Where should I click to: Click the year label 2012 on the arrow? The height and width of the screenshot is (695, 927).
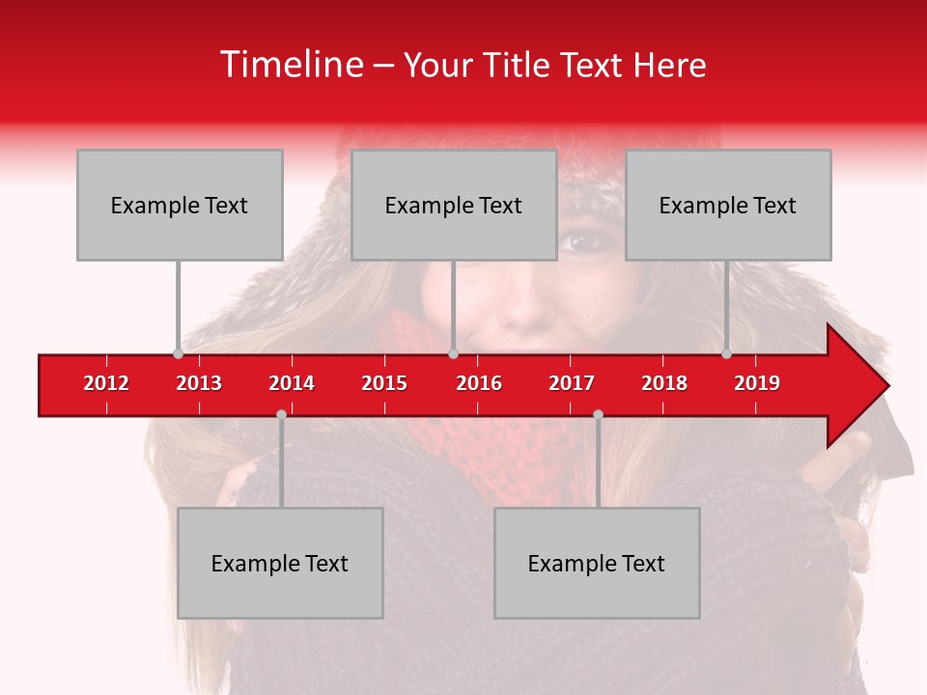(106, 383)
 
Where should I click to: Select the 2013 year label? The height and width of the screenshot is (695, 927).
(199, 383)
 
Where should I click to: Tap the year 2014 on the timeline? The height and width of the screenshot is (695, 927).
(292, 383)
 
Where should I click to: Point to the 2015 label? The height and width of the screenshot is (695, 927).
(384, 383)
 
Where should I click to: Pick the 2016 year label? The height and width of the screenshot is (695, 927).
(479, 383)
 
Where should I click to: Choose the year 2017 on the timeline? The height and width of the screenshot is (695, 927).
(572, 383)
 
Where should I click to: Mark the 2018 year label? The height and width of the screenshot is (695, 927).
(664, 383)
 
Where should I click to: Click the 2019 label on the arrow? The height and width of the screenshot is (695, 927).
(757, 383)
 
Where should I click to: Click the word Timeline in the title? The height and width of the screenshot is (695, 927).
(290, 65)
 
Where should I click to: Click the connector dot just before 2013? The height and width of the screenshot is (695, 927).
(178, 353)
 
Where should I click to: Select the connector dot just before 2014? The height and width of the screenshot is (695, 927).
(281, 414)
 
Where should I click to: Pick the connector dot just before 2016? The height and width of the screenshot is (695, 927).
(453, 353)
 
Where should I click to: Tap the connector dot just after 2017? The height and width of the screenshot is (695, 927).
(598, 414)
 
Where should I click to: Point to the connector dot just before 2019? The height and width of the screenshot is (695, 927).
(726, 353)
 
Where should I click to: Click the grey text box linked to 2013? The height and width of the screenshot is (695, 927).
(180, 205)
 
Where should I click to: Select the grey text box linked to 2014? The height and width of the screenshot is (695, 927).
(280, 563)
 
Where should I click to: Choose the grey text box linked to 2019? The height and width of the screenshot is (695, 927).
(728, 205)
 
